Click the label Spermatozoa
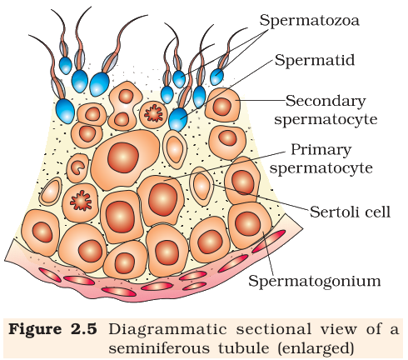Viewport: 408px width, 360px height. pyautogui.click(x=309, y=20)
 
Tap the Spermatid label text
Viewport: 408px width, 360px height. pyautogui.click(x=315, y=60)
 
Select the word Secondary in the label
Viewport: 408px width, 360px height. pyautogui.click(x=326, y=101)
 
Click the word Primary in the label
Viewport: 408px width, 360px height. pyautogui.click(x=321, y=150)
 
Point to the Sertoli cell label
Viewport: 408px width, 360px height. pyautogui.click(x=350, y=212)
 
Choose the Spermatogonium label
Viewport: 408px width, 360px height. pyautogui.click(x=315, y=281)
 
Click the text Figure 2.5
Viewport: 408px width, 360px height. pyautogui.click(x=52, y=329)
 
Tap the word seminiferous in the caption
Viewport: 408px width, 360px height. pyautogui.click(x=159, y=348)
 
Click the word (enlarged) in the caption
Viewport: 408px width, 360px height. pyautogui.click(x=316, y=349)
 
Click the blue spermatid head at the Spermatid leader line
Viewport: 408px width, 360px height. pyautogui.click(x=178, y=119)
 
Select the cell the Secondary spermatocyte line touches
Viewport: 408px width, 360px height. pyautogui.click(x=222, y=105)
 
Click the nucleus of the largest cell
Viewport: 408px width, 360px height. pyautogui.click(x=123, y=157)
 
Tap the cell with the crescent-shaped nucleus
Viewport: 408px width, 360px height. pyautogui.click(x=77, y=167)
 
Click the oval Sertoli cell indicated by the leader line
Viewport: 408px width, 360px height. pyautogui.click(x=202, y=187)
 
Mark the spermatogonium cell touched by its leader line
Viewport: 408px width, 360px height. pyautogui.click(x=249, y=225)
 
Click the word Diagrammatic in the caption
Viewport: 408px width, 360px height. pyautogui.click(x=168, y=330)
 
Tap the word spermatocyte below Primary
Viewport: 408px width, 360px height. pyautogui.click(x=321, y=168)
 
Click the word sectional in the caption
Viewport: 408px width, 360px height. pyautogui.click(x=274, y=329)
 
